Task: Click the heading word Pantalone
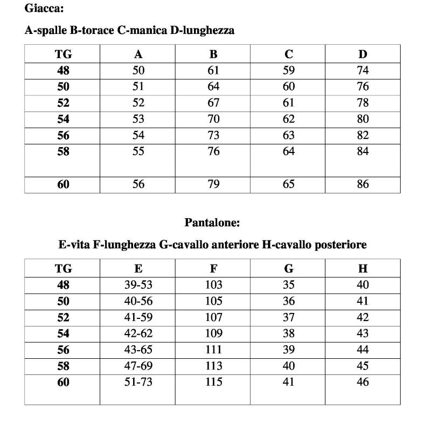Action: pyautogui.click(x=212, y=222)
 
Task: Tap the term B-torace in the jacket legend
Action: pyautogui.click(x=92, y=31)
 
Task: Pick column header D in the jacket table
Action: pyautogui.click(x=363, y=54)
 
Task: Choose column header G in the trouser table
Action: pyautogui.click(x=289, y=268)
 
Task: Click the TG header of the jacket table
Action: pyautogui.click(x=63, y=54)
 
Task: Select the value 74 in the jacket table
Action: pyautogui.click(x=363, y=70)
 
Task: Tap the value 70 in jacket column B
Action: pyautogui.click(x=213, y=119)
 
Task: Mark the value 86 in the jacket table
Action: pyautogui.click(x=363, y=184)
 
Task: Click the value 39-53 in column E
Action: pyautogui.click(x=138, y=285)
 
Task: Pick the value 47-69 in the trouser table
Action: pyautogui.click(x=138, y=366)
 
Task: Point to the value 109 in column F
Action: pyautogui.click(x=213, y=334)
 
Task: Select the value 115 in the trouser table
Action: pyautogui.click(x=213, y=383)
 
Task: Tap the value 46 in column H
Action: pyautogui.click(x=363, y=383)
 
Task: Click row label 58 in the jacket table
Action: pyautogui.click(x=63, y=152)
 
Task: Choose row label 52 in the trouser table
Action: pyautogui.click(x=63, y=318)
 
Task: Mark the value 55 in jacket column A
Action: pyautogui.click(x=138, y=152)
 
